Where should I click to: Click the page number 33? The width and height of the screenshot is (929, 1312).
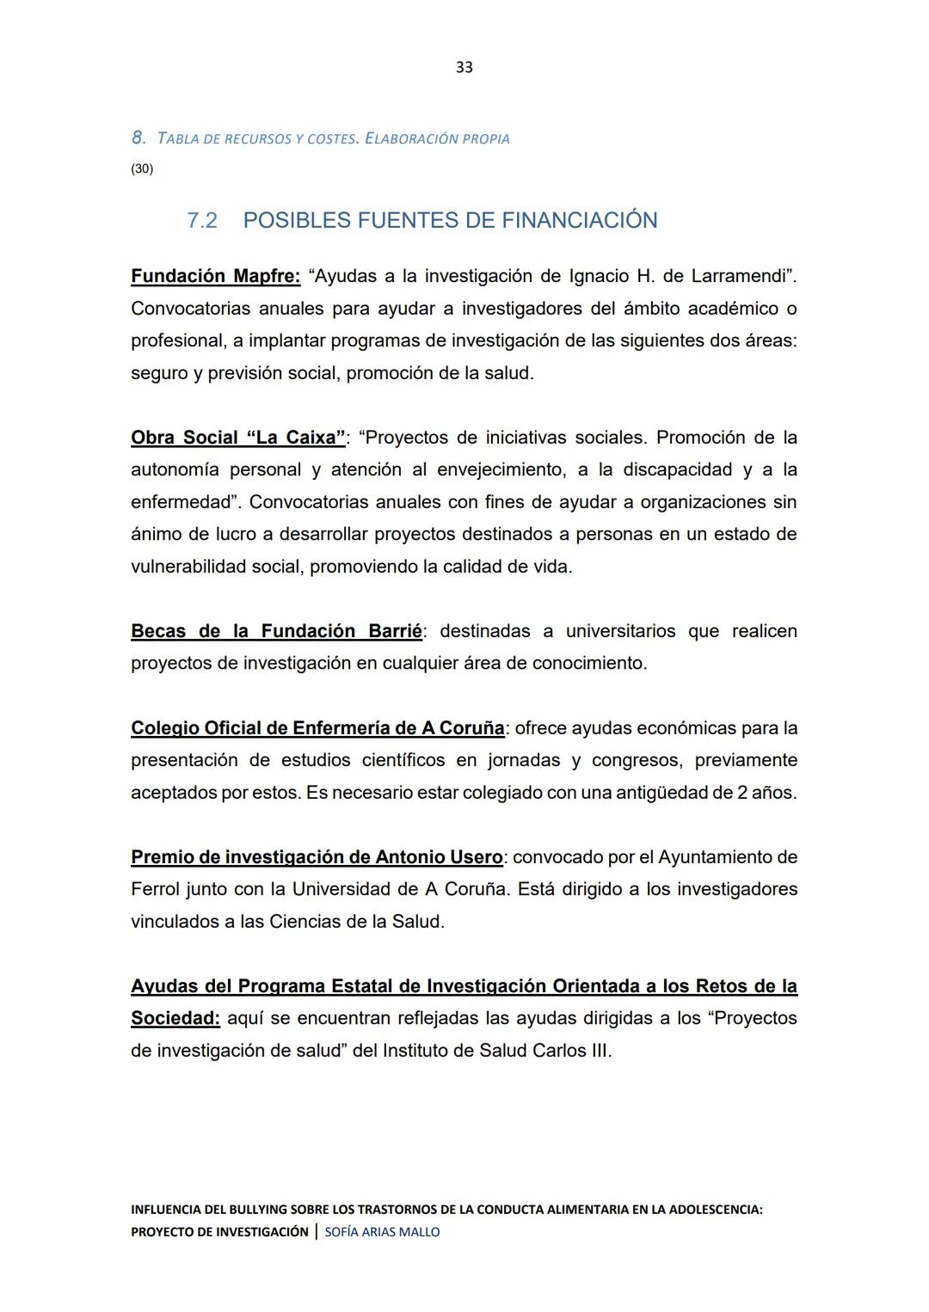464,67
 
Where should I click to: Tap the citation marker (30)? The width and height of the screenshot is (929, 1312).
142,169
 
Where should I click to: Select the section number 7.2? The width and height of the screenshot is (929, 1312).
202,221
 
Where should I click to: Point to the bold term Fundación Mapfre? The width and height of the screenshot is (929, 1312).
215,276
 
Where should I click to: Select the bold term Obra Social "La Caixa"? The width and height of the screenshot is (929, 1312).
238,438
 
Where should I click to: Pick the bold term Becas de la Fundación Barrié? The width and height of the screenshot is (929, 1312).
276,631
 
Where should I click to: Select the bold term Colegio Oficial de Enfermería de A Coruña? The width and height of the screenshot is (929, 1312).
317,728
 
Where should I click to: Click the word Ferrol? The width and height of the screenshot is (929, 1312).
156,889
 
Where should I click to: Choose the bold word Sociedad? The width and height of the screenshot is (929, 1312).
175,1018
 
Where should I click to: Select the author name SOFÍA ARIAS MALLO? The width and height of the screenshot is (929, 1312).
382,1232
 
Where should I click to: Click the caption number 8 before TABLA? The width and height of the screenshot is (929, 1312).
138,138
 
